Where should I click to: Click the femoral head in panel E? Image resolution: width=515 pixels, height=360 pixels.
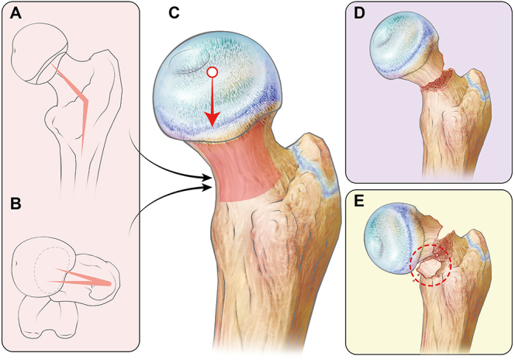[x=395, y=234]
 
